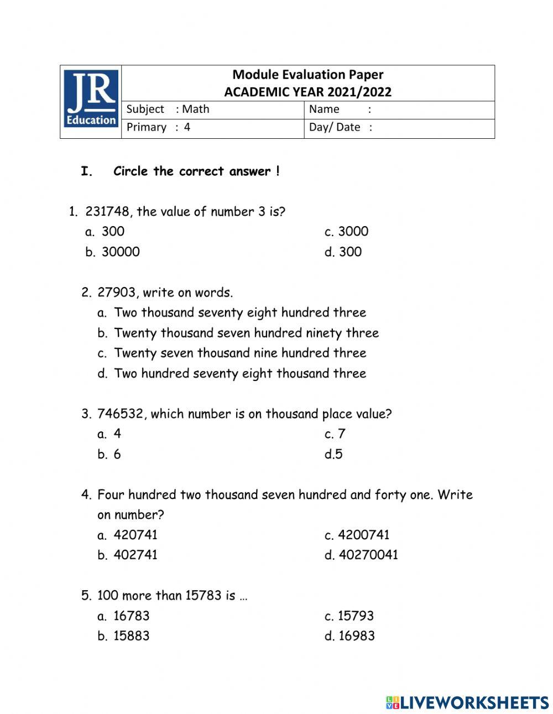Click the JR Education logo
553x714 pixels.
[91, 98]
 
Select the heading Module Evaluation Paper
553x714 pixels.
[307, 75]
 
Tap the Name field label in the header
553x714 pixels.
[324, 109]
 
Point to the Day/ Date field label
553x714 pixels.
[335, 127]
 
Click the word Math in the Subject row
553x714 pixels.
[196, 109]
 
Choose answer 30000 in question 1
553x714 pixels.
[121, 252]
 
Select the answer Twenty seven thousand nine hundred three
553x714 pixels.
[240, 353]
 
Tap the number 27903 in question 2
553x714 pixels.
[116, 292]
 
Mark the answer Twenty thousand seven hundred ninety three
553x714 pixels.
[246, 333]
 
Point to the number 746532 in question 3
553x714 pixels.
[121, 414]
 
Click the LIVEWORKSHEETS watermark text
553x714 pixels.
[474, 702]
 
